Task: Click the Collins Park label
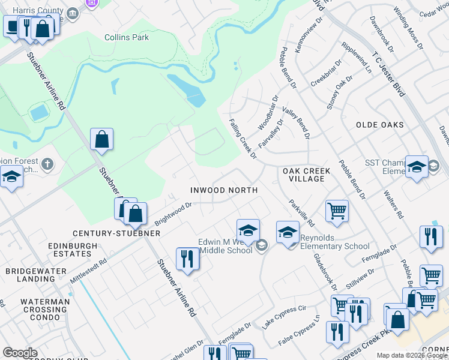click(127, 37)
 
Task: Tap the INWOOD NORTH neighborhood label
click(224, 190)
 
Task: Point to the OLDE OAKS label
click(380, 125)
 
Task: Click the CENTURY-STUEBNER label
click(110, 233)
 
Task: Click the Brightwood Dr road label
click(173, 213)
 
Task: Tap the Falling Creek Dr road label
click(243, 138)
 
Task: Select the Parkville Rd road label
click(301, 212)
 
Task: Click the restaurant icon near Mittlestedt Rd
click(187, 259)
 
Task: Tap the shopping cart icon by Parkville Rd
click(337, 211)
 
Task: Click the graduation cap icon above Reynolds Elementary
click(288, 232)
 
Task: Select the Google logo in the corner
click(20, 353)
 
